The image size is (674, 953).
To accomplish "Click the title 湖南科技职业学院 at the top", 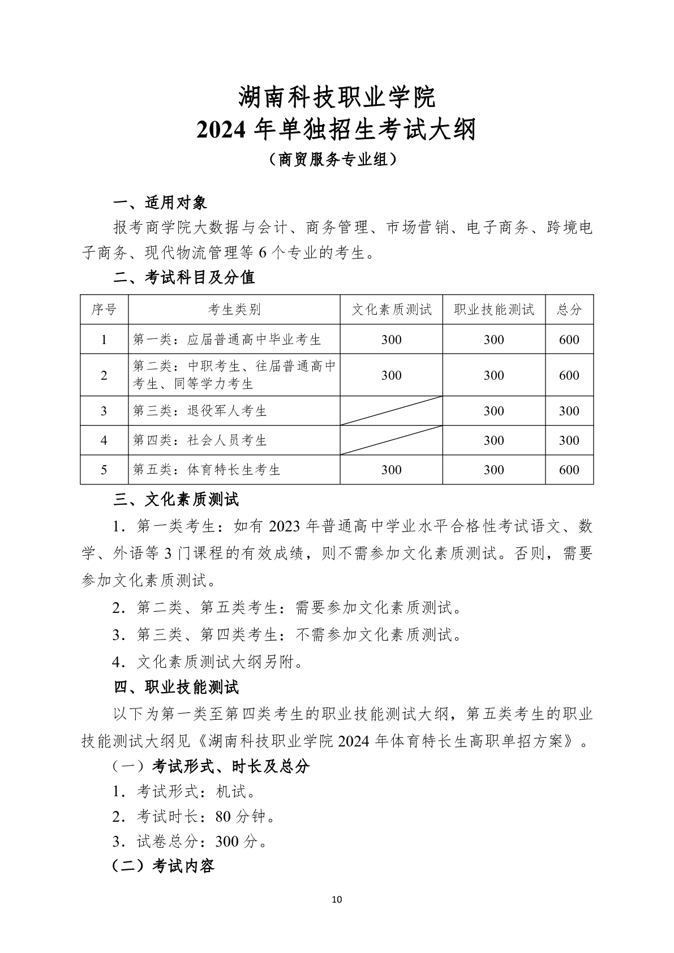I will tap(337, 97).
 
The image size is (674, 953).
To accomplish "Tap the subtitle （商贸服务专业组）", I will tap(337, 160).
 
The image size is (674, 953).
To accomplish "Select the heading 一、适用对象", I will tap(160, 203).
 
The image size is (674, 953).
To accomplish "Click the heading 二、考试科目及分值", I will tap(184, 277).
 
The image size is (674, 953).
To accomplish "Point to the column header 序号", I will tap(104, 310).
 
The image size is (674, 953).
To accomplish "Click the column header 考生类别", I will tap(234, 310).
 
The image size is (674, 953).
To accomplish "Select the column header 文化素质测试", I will tap(391, 310).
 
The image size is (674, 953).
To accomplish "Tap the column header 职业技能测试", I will tap(493, 310).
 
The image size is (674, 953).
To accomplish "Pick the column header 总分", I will tap(569, 310).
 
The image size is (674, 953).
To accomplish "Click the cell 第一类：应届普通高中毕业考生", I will tap(227, 340).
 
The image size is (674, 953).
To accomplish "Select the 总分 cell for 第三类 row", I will tap(569, 411).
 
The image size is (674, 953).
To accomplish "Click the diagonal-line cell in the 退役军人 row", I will tap(391, 411).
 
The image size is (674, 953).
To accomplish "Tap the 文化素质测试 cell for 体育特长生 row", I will tap(391, 470).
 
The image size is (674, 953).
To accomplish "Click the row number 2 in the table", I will tap(104, 375).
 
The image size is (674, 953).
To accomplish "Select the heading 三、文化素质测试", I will tap(176, 500).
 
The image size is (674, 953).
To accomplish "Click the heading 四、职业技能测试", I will tap(176, 688).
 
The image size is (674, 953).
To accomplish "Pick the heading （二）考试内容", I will tap(164, 866).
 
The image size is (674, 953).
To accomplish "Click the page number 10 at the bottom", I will tap(337, 900).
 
